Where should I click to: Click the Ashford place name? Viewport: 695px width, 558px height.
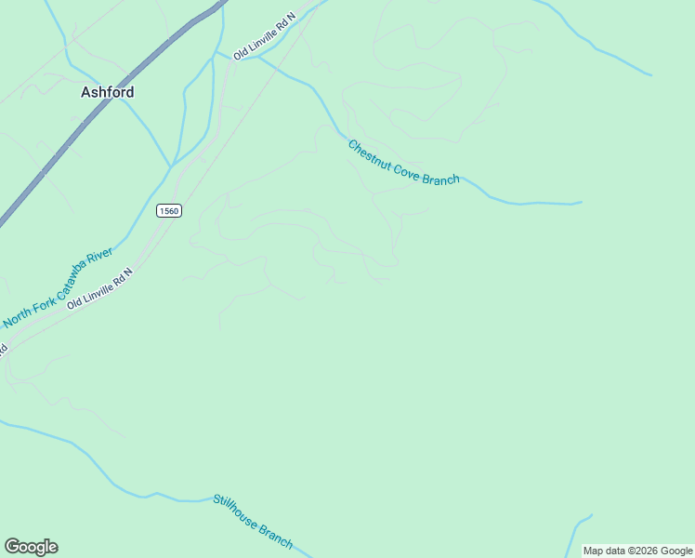pyautogui.click(x=107, y=92)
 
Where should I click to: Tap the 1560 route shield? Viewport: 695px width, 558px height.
pyautogui.click(x=168, y=210)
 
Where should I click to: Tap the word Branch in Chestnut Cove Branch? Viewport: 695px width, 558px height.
pyautogui.click(x=440, y=177)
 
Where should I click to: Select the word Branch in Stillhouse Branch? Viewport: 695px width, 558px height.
pyautogui.click(x=276, y=537)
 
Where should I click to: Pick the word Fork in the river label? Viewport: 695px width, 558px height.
pyautogui.click(x=45, y=300)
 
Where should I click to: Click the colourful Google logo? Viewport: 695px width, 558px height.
pyautogui.click(x=31, y=547)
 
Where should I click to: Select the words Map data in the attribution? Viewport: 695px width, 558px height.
pyautogui.click(x=602, y=551)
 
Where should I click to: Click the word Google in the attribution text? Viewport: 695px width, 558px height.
pyautogui.click(x=677, y=551)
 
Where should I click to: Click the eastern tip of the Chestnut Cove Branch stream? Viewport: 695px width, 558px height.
pyautogui.click(x=581, y=202)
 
